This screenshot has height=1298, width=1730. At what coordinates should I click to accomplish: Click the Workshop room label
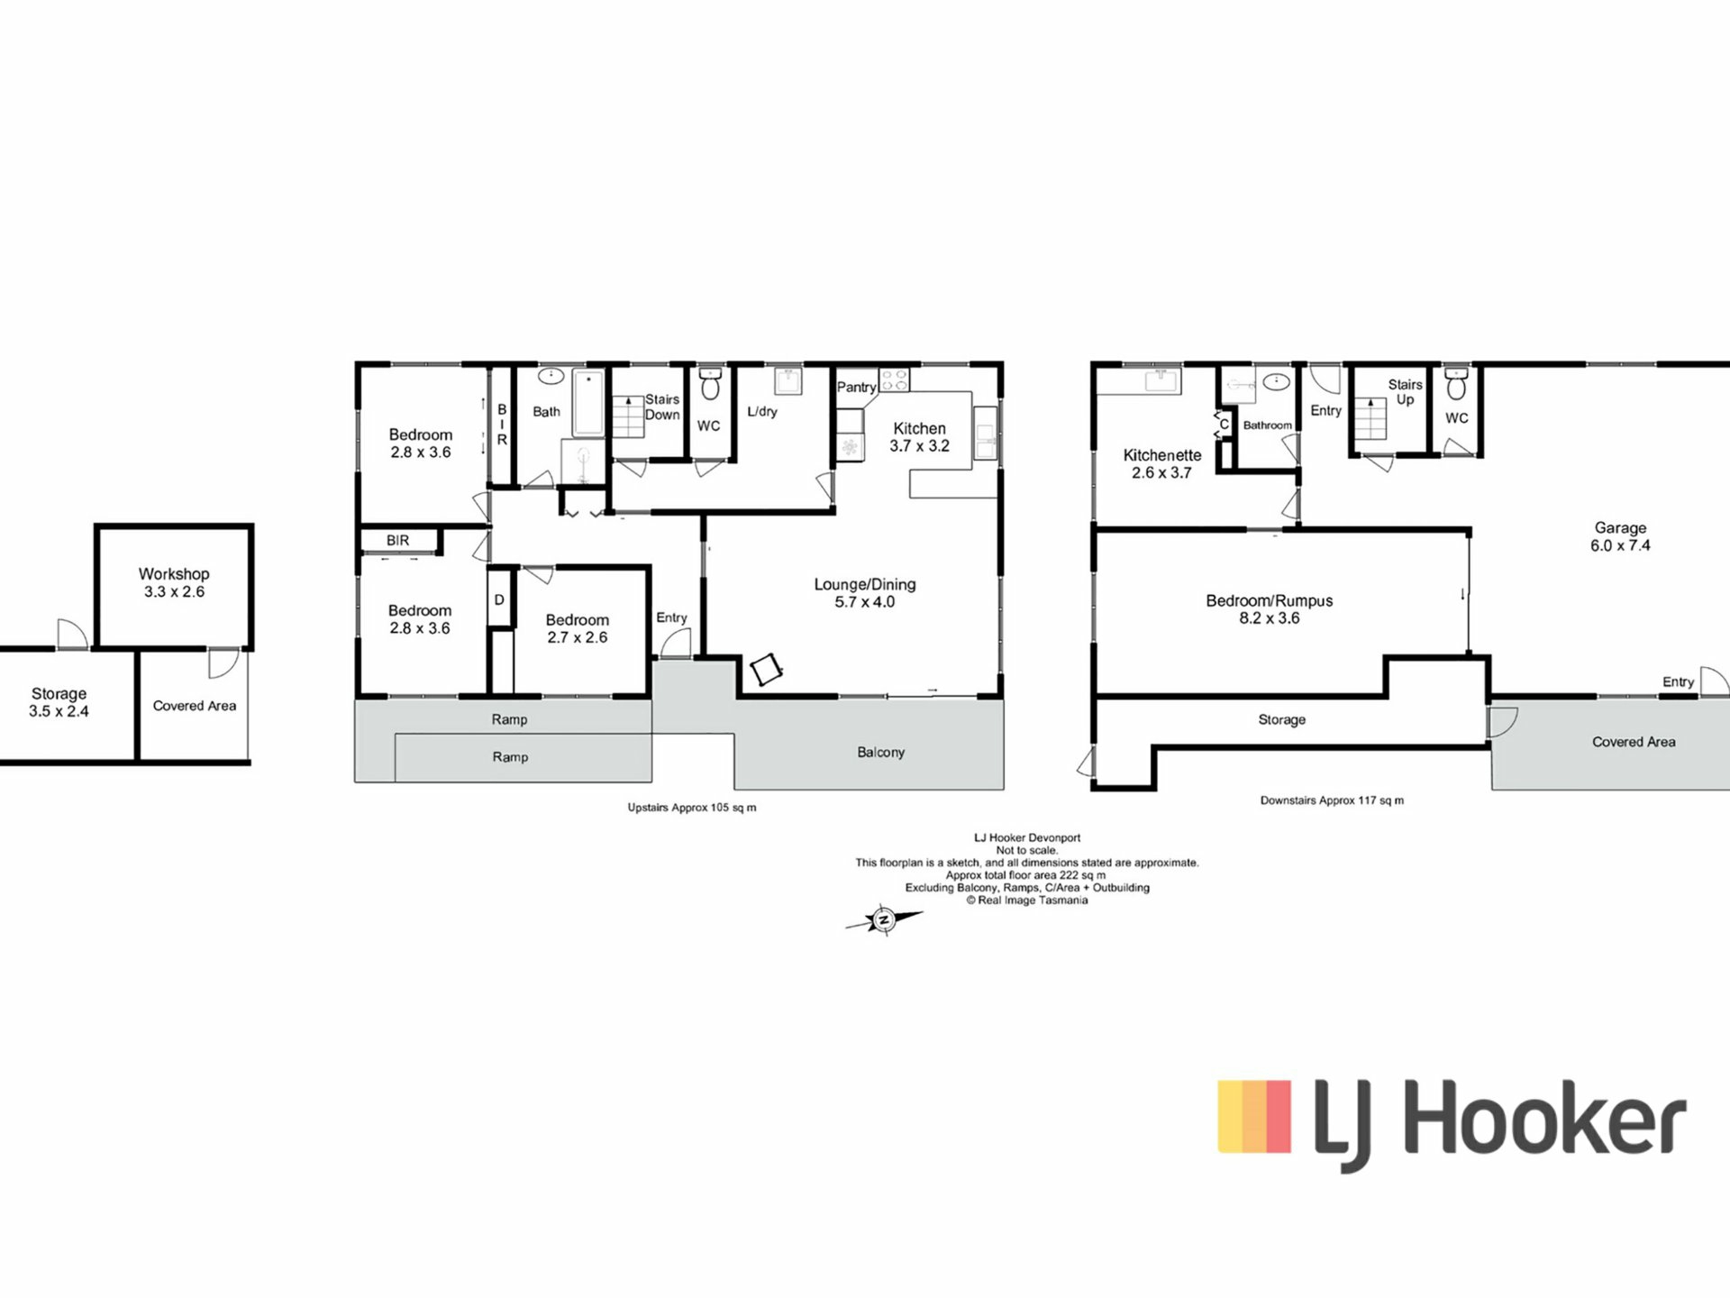(174, 573)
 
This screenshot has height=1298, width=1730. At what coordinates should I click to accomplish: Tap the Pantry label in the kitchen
(856, 387)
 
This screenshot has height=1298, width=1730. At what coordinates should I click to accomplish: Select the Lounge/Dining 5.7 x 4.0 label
(865, 593)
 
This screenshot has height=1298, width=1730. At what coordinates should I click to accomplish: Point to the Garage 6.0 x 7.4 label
(1620, 536)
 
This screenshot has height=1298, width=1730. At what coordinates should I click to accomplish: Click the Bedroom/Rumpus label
(1270, 600)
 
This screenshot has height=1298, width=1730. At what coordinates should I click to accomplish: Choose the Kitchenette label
(1162, 455)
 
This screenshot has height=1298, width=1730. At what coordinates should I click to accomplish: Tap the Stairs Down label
(662, 407)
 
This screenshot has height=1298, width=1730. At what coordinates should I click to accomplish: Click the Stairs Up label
(1406, 392)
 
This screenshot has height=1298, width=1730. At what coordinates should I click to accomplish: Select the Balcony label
(880, 752)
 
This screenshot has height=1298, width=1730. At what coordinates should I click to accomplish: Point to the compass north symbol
(884, 920)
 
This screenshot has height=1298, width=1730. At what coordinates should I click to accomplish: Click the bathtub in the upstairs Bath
(589, 403)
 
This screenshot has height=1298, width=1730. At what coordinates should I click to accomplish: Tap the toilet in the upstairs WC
(710, 384)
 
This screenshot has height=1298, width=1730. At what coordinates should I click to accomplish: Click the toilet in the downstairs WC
(1456, 384)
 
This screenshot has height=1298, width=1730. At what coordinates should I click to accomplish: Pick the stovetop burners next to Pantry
(895, 379)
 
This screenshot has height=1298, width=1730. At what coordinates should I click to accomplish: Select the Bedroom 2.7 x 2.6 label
(578, 628)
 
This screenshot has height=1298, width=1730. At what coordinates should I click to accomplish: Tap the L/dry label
(761, 411)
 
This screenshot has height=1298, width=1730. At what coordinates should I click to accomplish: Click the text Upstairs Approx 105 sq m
(692, 808)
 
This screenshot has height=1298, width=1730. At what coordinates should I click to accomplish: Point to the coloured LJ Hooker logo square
(1254, 1116)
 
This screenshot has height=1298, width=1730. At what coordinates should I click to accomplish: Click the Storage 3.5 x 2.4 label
(59, 702)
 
